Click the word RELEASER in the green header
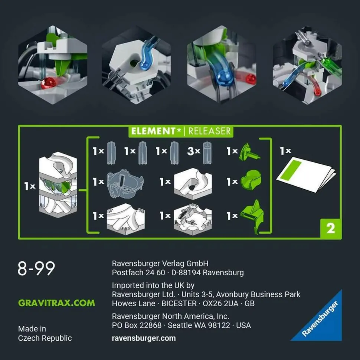pos(209,131)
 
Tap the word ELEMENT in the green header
pos(153,131)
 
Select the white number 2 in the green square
pos(330,229)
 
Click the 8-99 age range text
pos(36,268)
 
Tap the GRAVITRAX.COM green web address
pos(56,303)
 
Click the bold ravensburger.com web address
pos(144,338)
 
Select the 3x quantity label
pos(193,151)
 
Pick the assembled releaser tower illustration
pos(58,184)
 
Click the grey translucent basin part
pos(125,184)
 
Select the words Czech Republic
pos(45,338)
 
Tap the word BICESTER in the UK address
pos(179,304)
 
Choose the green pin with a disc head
pos(249,152)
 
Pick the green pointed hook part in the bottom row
pos(252,217)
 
